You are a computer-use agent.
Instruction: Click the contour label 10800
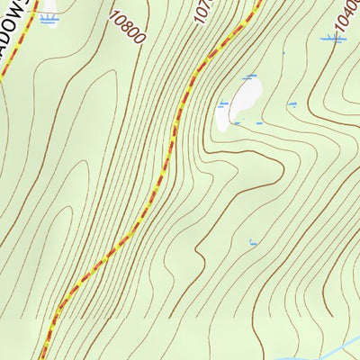click(127, 28)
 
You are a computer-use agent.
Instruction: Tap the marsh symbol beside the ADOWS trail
click(49, 18)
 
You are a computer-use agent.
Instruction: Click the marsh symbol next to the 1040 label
click(333, 38)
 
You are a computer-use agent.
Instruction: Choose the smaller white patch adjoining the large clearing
click(222, 116)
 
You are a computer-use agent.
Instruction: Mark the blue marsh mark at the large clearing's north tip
click(247, 77)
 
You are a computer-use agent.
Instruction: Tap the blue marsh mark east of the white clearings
click(292, 104)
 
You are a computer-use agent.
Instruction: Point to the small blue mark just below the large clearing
click(258, 122)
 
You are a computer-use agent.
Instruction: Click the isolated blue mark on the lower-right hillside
click(253, 242)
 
